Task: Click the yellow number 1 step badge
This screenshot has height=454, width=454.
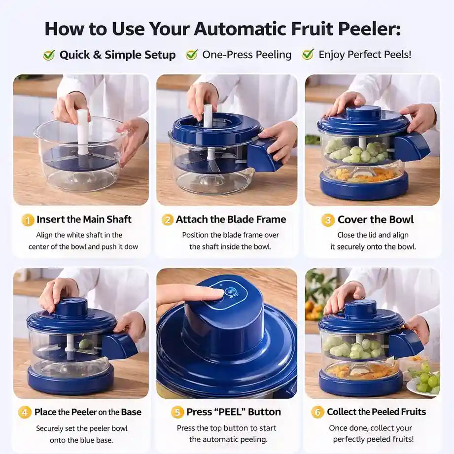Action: [28, 220]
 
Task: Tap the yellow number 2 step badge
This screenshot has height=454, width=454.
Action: [168, 220]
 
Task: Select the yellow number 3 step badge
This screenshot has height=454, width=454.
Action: [327, 220]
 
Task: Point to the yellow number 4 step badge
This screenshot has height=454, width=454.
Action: [25, 412]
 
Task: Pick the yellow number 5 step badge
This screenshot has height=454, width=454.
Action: [177, 412]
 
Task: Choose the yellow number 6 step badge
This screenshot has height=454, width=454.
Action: [317, 412]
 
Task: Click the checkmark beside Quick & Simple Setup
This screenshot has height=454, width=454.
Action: [49, 54]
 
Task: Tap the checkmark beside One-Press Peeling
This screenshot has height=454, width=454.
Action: [192, 54]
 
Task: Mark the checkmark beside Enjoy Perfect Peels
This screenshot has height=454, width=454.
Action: [308, 54]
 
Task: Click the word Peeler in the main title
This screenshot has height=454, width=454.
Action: [369, 29]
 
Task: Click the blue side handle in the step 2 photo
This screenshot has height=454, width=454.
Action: [264, 155]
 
